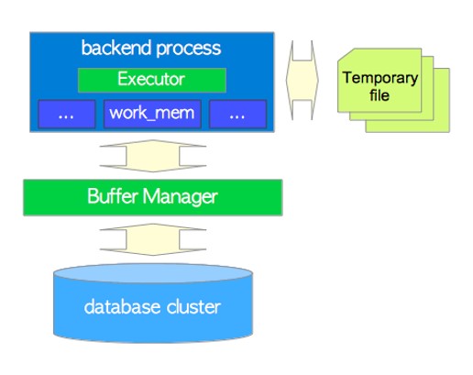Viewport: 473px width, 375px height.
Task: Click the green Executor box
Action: [152, 80]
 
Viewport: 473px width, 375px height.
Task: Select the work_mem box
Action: [152, 114]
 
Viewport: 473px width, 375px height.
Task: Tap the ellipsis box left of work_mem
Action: [67, 114]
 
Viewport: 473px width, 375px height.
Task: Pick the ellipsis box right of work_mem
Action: [237, 114]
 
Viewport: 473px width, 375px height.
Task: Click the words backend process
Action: [151, 49]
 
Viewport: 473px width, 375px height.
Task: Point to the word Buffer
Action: [112, 196]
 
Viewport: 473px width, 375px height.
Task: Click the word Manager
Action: [181, 197]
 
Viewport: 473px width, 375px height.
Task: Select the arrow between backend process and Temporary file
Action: [302, 80]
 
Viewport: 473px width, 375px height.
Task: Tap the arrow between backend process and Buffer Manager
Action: [153, 156]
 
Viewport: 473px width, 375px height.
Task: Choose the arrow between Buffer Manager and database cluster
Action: [153, 239]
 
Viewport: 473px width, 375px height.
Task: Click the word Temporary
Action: [380, 78]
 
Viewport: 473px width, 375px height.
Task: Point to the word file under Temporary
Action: [379, 95]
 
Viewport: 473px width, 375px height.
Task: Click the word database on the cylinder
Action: [122, 306]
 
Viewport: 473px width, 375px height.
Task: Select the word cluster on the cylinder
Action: [193, 306]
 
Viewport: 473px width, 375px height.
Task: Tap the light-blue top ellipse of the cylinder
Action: [153, 273]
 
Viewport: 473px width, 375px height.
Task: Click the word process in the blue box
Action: [189, 49]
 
